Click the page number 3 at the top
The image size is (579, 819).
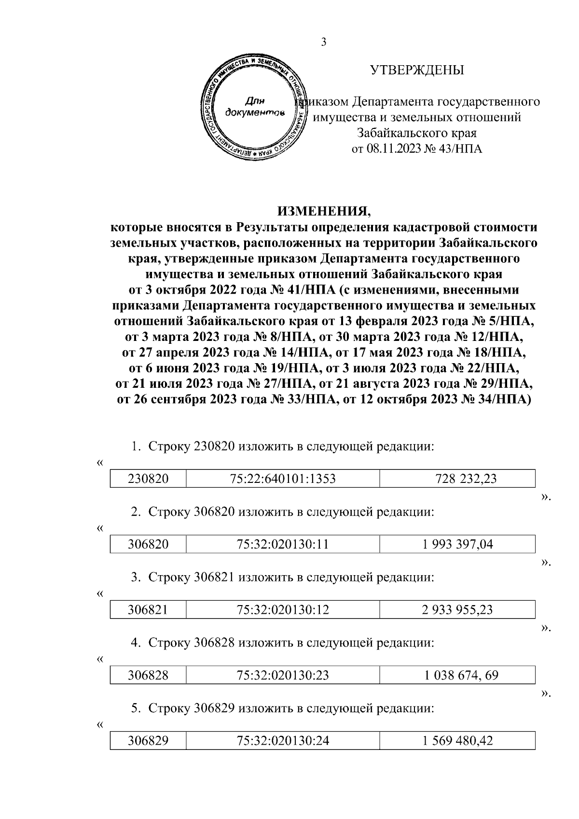click(324, 42)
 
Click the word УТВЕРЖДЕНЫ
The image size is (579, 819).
click(417, 71)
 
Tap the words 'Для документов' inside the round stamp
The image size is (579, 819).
click(255, 107)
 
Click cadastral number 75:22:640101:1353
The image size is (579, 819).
click(283, 479)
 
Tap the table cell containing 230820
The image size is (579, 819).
click(148, 479)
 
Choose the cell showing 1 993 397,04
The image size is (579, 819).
click(457, 544)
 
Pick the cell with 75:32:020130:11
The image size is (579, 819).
click(283, 544)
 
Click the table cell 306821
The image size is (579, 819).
click(148, 609)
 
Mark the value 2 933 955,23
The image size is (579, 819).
click(457, 609)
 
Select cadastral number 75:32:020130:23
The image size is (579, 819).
click(283, 675)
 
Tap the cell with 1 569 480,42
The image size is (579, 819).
click(457, 740)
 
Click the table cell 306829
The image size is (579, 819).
click(148, 740)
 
